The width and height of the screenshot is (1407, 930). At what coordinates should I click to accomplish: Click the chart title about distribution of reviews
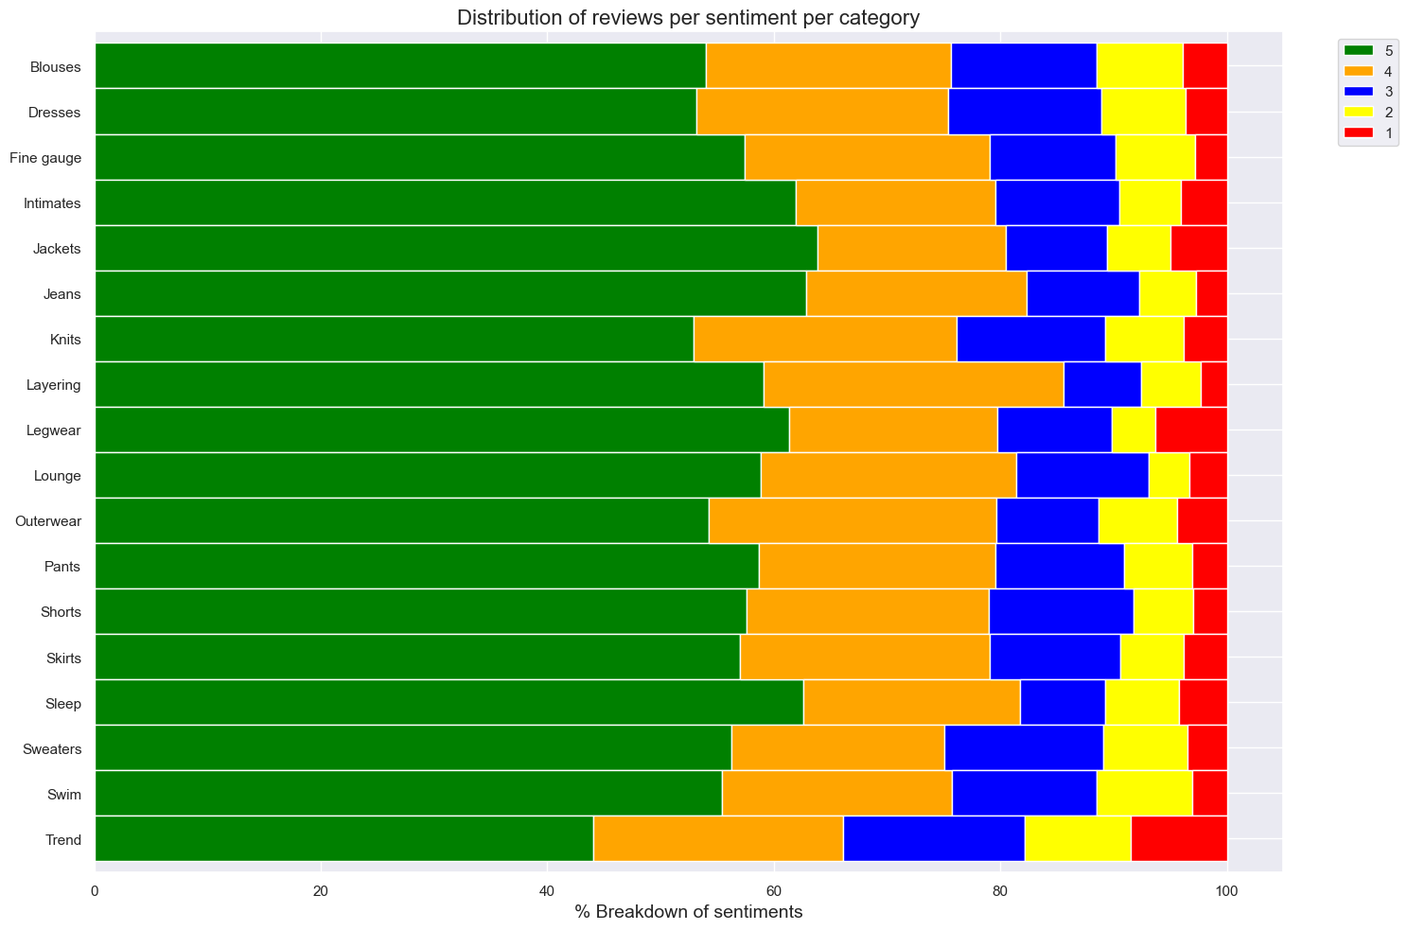point(688,18)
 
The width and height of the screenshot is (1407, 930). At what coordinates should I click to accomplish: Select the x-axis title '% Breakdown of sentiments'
point(688,912)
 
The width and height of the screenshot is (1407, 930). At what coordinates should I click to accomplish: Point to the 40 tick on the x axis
point(547,890)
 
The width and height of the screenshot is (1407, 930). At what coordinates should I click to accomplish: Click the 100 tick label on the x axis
point(1226,890)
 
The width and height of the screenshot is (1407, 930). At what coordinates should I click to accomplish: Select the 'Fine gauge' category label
point(45,158)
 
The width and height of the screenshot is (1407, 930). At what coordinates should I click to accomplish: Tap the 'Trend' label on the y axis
point(62,840)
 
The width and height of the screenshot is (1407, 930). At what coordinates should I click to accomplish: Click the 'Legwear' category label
point(55,430)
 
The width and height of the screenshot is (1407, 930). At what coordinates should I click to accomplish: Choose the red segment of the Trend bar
point(1179,838)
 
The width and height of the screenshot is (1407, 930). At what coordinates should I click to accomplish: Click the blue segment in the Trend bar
point(933,838)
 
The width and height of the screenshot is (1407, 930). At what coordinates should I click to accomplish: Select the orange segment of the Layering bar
point(913,384)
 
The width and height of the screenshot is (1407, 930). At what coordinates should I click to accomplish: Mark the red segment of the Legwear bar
point(1191,430)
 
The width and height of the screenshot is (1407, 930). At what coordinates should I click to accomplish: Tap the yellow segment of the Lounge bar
point(1169,475)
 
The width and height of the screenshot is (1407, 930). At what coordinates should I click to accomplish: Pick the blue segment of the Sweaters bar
point(1024,747)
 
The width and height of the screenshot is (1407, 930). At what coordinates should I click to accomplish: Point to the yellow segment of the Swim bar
point(1144,793)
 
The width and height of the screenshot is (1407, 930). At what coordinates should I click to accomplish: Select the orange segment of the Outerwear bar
point(853,520)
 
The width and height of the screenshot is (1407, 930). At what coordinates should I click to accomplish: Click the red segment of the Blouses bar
point(1205,66)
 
